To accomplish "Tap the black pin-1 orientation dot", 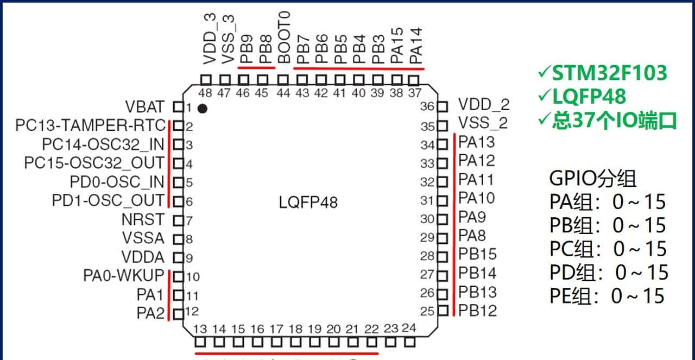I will tap(203, 109).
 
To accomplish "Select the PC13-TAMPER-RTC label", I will tap(90, 126).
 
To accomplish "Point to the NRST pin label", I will tap(143, 220).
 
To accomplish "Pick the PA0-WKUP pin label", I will tap(123, 276).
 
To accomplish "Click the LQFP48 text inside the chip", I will tap(308, 203).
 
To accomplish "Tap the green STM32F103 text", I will tap(609, 73).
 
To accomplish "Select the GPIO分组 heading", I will tap(593, 179).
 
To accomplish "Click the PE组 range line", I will tap(607, 296).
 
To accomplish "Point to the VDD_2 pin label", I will tap(484, 104).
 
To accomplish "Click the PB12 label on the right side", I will tap(477, 311).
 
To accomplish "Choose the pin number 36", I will tap(427, 106).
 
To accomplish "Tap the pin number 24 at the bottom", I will tap(409, 328).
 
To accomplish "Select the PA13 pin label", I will tap(477, 142).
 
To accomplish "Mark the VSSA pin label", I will tap(143, 238).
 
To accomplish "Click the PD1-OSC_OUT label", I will tap(108, 200).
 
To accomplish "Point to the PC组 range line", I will tap(608, 249).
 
